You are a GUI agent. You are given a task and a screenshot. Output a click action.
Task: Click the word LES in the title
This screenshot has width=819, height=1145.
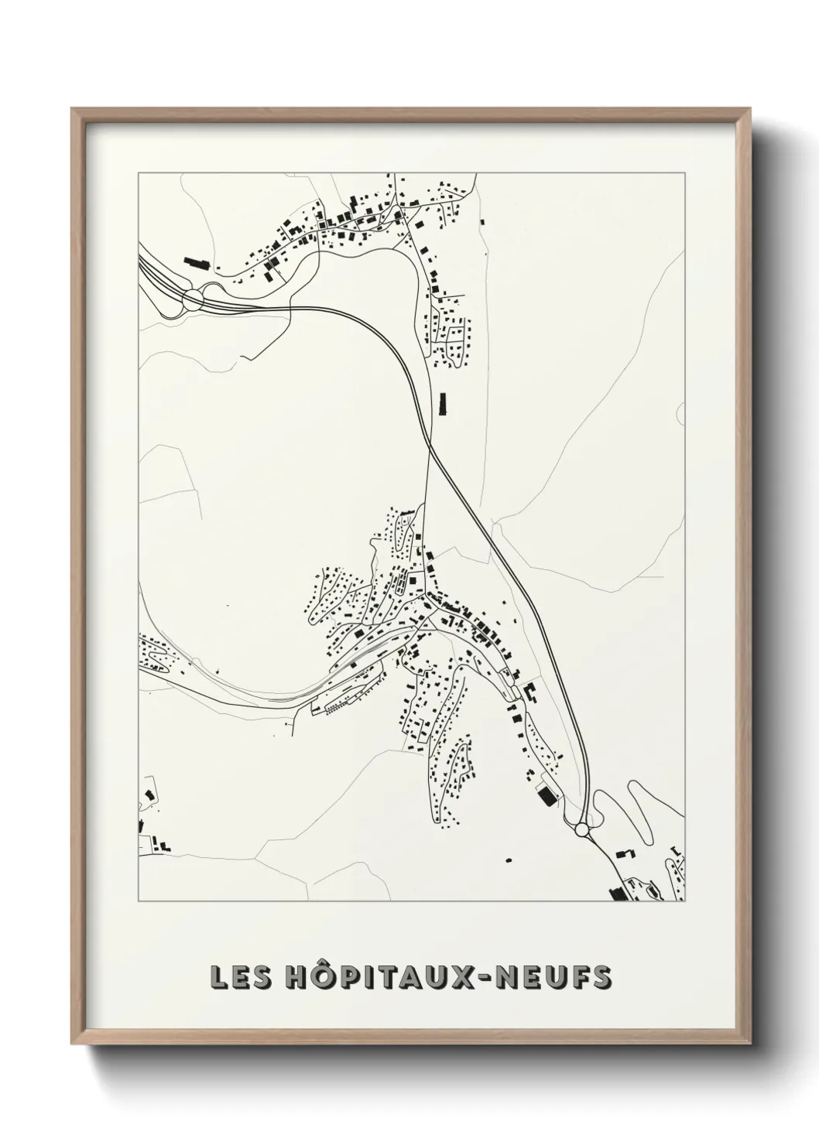coord(238,977)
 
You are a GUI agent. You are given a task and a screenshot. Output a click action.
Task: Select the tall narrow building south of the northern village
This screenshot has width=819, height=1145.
coord(444,404)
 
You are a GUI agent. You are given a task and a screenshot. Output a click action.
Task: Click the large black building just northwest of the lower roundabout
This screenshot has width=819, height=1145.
coord(547,795)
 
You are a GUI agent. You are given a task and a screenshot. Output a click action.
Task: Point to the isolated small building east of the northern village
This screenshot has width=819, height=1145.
coord(482,222)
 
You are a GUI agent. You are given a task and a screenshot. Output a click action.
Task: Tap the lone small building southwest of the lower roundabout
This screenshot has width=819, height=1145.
coord(509,860)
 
